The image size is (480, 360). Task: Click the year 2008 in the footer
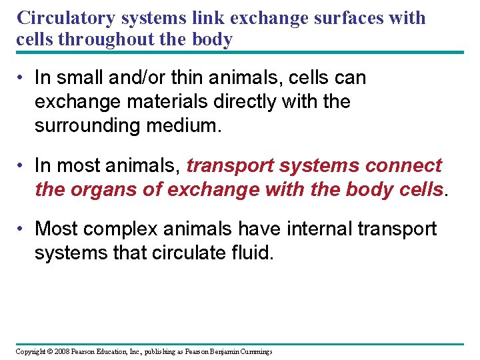point(59,351)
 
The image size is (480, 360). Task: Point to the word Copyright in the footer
point(29,351)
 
